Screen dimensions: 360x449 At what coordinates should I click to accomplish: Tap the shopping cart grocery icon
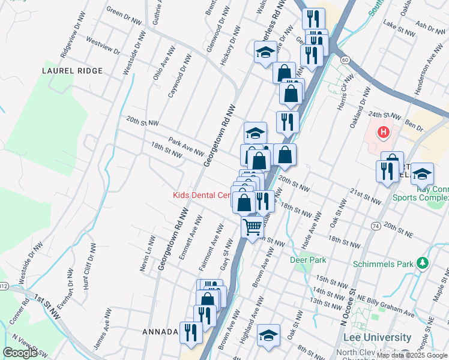tap(253, 227)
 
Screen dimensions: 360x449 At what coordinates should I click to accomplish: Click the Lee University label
tap(382, 338)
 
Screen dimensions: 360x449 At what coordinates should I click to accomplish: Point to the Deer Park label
tap(308, 260)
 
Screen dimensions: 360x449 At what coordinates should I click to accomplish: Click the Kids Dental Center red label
tap(202, 195)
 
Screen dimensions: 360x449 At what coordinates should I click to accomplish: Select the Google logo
tap(20, 352)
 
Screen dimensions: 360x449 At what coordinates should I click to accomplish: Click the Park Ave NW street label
tap(187, 146)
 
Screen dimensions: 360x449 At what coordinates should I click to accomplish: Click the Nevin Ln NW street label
tap(146, 253)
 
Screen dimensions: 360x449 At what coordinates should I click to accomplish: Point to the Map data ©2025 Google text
tap(412, 355)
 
